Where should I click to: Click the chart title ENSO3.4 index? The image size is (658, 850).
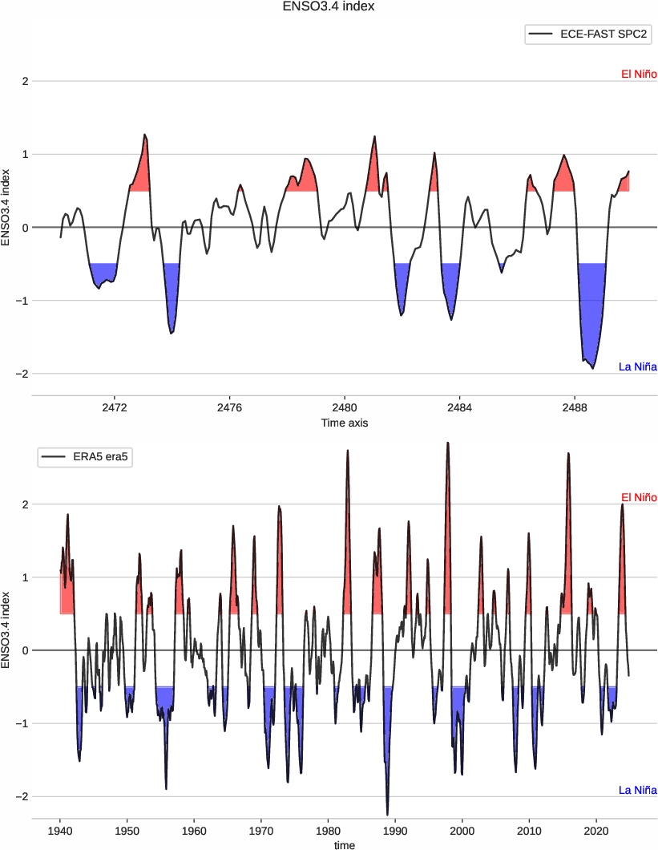329,7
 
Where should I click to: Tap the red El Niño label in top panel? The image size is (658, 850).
639,75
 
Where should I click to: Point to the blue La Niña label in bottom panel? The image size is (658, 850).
638,790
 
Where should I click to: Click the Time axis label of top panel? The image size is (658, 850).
345,423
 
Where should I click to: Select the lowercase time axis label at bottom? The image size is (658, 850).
345,844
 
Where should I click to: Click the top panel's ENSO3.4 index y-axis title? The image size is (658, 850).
7,206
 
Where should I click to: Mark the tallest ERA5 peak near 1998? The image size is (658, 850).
448,443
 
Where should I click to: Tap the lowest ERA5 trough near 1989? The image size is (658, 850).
387,815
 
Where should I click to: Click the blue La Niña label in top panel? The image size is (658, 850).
638,367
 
